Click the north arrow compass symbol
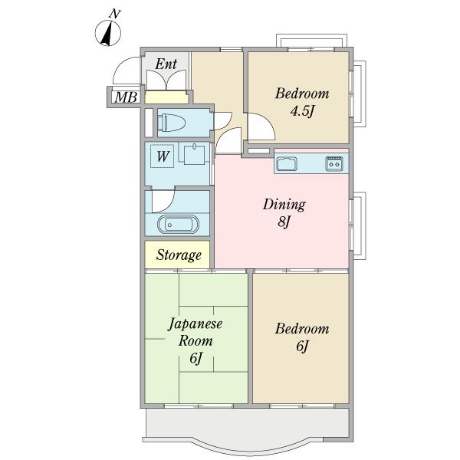click(107, 34)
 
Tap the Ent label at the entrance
click(166, 64)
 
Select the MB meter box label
click(126, 97)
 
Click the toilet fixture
click(171, 123)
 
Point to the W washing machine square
click(162, 156)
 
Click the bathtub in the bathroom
click(178, 225)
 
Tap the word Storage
click(179, 255)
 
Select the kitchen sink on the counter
click(287, 164)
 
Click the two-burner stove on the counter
click(334, 164)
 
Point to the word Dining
click(284, 204)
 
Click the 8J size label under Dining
click(284, 222)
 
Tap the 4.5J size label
click(302, 111)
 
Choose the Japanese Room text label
click(195, 332)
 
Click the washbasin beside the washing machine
click(194, 154)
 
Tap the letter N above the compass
click(115, 14)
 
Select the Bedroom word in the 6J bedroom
click(302, 329)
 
